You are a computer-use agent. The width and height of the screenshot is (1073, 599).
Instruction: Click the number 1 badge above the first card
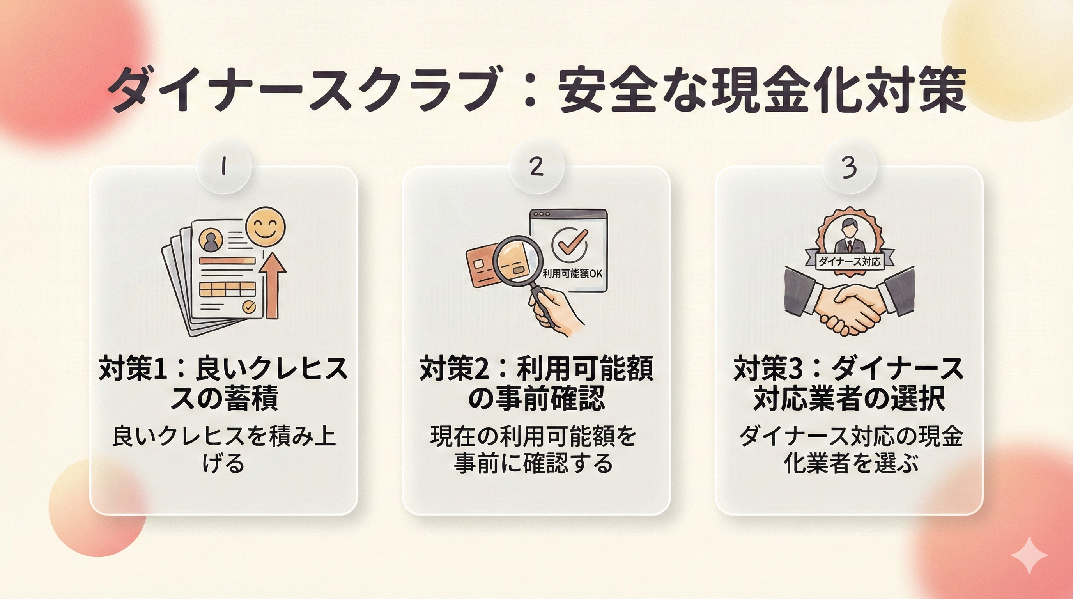point(224,167)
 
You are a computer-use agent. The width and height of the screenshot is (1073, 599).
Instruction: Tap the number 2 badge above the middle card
point(536,167)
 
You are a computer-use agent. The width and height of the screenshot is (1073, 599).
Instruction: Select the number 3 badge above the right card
point(849,167)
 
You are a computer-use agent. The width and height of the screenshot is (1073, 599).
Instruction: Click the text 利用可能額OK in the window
point(572,274)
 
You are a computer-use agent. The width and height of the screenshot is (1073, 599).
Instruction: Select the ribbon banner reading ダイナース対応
point(850,261)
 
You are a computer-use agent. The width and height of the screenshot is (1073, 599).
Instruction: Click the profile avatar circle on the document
point(211,240)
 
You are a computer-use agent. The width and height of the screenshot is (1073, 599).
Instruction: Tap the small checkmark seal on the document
point(249,307)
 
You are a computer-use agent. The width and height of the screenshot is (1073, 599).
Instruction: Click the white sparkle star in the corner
point(1029,555)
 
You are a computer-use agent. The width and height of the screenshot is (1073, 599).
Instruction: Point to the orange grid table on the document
point(227,289)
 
